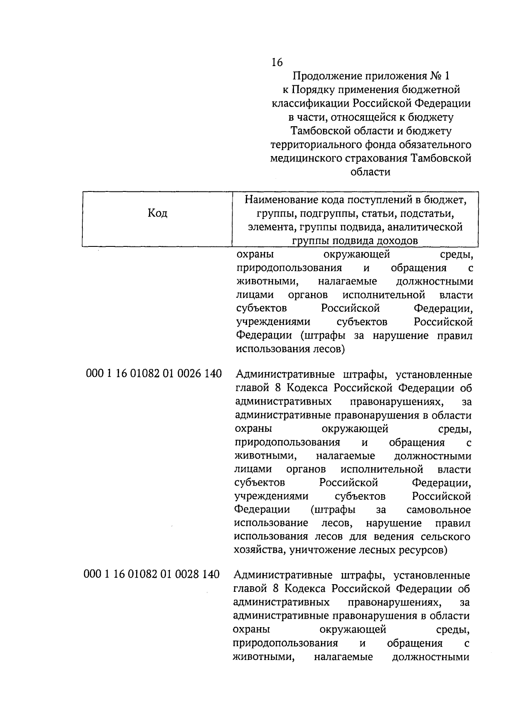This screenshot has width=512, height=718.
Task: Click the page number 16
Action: (x=276, y=63)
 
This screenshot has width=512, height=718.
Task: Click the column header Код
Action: (x=157, y=213)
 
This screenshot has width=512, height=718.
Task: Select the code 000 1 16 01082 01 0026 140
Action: (x=154, y=374)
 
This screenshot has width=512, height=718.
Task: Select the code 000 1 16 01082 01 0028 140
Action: (x=152, y=574)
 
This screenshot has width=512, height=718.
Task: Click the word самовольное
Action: (x=439, y=510)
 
